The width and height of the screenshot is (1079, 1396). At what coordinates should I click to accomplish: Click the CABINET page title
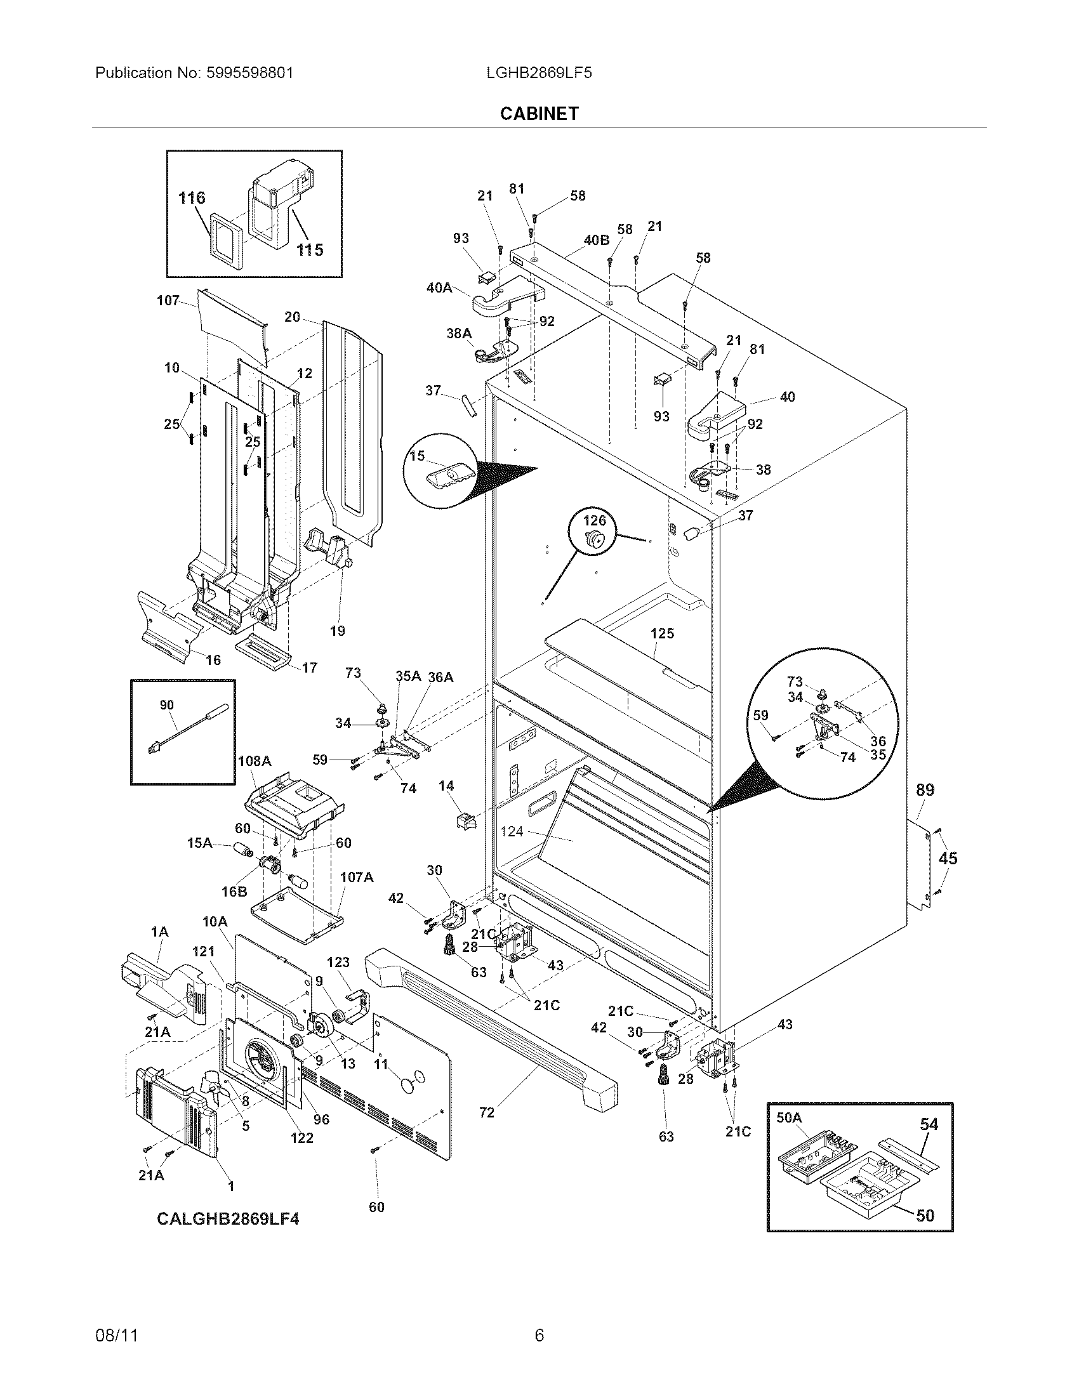point(539,113)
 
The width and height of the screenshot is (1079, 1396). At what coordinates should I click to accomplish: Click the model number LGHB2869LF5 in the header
point(539,73)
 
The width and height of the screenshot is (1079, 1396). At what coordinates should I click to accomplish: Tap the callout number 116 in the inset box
point(192,198)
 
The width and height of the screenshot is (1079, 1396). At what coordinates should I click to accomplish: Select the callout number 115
point(310,250)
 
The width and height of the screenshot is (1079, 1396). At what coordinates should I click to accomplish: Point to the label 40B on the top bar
point(596,240)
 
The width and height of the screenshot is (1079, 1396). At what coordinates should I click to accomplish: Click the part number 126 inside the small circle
point(594,521)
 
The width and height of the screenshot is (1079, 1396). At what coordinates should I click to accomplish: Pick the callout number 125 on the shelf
point(662,633)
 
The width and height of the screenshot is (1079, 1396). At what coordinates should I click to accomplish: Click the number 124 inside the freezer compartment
point(512,832)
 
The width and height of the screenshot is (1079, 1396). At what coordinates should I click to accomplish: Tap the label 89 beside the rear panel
point(925,791)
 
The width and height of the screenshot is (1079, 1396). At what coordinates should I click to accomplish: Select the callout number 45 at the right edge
point(948,859)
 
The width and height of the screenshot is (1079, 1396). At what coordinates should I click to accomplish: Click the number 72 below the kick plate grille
point(486,1113)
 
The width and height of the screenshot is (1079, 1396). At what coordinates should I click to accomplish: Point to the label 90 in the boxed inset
point(166,705)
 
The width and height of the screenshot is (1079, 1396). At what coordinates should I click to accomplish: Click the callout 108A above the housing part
point(255,761)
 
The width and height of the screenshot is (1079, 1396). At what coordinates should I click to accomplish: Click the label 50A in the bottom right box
point(789,1117)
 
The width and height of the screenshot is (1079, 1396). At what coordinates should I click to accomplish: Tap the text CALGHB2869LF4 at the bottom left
point(228,1219)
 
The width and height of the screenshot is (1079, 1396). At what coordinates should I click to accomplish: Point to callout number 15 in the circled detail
point(417,456)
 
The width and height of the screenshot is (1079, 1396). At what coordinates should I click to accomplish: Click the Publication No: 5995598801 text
point(194,73)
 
